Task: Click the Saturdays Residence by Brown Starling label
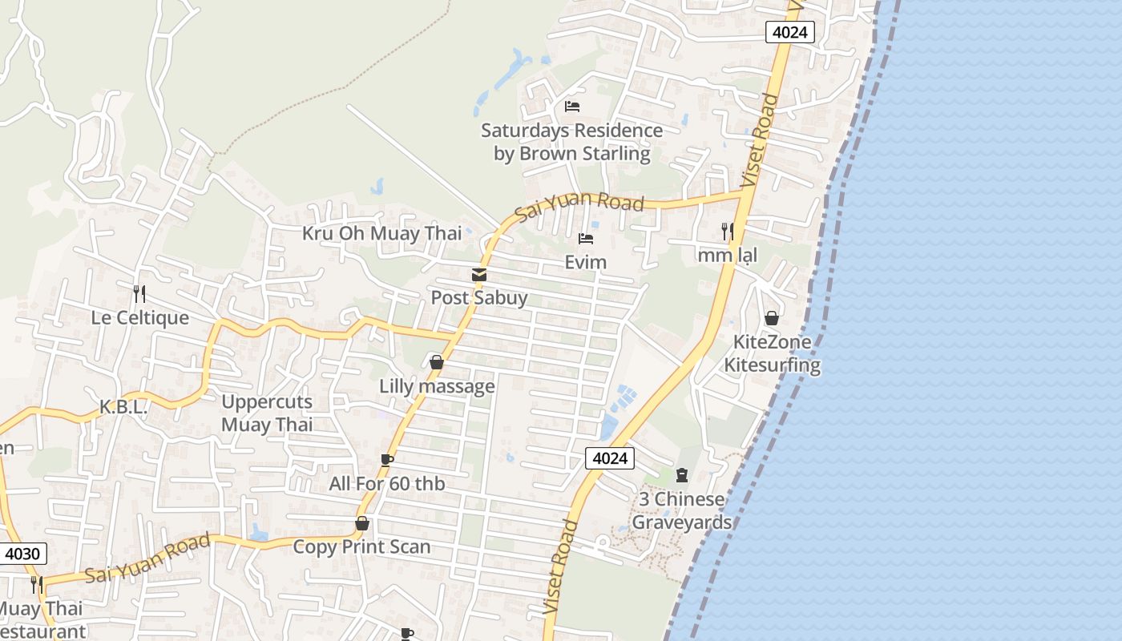(571, 142)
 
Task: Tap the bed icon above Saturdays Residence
(572, 106)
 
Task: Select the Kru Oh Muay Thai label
(381, 234)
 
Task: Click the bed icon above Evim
(586, 239)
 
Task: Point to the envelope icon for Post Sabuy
(479, 275)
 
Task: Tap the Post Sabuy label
(479, 298)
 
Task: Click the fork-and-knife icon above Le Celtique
(139, 293)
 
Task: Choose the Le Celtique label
(140, 317)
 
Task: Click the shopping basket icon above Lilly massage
(437, 363)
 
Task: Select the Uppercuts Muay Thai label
(267, 413)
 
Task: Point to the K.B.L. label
(123, 407)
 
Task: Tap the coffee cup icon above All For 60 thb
(387, 460)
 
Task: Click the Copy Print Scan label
(361, 547)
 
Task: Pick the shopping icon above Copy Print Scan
(362, 524)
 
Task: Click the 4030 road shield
(24, 554)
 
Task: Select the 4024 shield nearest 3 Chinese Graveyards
(610, 458)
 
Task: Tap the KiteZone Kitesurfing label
(773, 353)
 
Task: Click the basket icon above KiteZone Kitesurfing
(772, 318)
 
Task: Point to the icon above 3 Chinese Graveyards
(682, 475)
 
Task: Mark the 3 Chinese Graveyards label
(682, 511)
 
